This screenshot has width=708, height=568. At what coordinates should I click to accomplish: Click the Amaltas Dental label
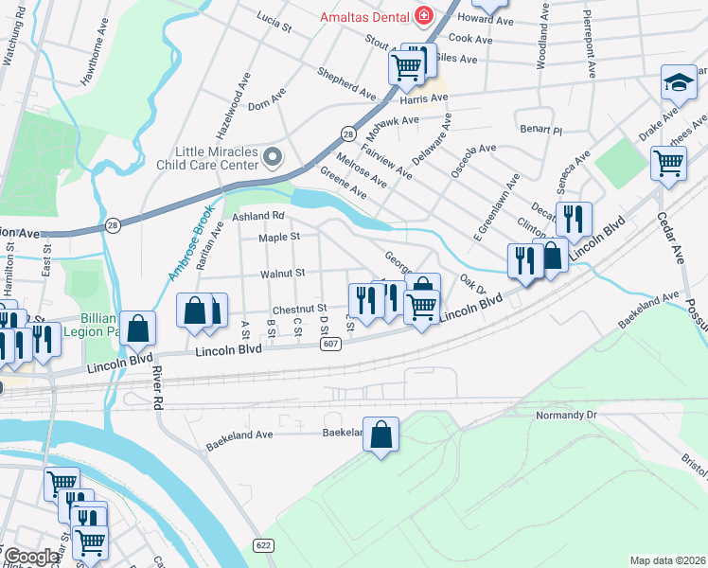[363, 16]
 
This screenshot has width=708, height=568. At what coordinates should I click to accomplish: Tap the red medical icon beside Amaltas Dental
[423, 16]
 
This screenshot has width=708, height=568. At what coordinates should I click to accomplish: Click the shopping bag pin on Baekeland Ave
[381, 435]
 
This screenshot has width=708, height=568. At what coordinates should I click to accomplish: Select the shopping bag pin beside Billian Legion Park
[138, 328]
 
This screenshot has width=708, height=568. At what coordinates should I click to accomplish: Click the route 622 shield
[264, 544]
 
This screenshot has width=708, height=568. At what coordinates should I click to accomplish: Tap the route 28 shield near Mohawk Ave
[348, 134]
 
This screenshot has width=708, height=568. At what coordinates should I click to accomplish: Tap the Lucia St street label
[274, 23]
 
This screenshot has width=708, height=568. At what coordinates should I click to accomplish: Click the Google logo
[31, 557]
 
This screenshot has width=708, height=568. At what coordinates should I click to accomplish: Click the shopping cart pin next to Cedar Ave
[668, 163]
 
